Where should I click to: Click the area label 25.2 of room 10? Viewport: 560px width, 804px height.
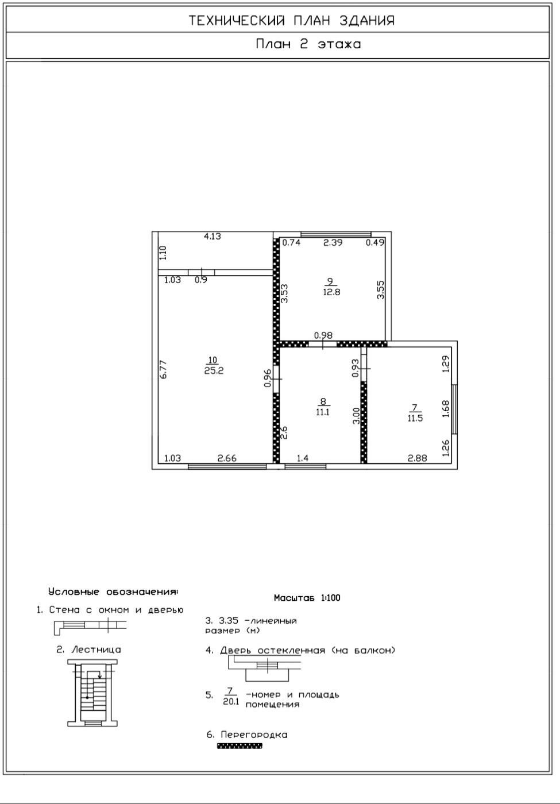214,370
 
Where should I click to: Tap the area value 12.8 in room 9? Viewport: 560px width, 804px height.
331,292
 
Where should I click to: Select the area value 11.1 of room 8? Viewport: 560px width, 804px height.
323,412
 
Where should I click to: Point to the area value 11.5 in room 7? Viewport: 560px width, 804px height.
415,418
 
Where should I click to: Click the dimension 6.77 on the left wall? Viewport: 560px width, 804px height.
163,369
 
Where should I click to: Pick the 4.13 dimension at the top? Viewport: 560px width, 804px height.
213,236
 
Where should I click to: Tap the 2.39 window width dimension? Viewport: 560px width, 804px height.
333,242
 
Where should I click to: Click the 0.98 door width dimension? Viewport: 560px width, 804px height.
323,335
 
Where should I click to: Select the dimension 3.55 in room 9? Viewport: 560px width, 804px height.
380,289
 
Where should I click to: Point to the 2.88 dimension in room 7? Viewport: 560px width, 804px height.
417,458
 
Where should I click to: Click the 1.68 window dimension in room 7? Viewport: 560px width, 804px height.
446,409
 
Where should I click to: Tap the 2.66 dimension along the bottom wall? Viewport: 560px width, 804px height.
227,458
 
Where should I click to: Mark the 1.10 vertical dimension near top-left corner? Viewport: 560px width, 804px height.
163,253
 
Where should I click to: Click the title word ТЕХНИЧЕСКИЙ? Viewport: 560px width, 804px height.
237,21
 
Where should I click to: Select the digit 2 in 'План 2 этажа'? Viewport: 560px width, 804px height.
304,44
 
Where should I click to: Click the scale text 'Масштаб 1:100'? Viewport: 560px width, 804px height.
307,598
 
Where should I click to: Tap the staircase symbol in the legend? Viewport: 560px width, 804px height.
92,693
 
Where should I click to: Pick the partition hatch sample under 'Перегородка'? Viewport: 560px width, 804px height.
240,745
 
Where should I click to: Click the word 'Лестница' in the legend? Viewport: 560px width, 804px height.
96,650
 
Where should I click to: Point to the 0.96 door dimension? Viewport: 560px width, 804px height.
268,378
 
